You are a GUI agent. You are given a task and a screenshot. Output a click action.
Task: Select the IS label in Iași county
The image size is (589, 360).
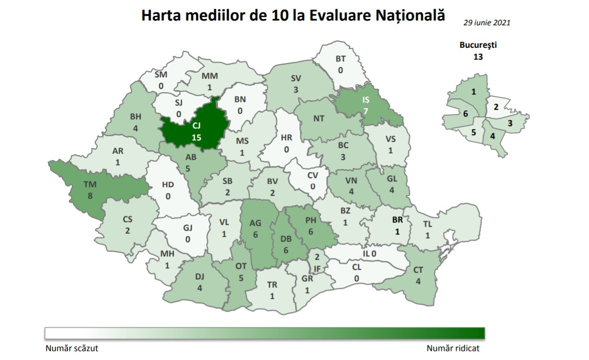coord(366,100)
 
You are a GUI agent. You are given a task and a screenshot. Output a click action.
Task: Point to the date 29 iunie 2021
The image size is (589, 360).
coord(486,22)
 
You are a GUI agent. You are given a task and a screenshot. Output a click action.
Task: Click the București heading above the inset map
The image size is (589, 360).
coord(478,46)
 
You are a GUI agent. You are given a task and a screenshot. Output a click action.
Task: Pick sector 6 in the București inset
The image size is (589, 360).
coord(465,114)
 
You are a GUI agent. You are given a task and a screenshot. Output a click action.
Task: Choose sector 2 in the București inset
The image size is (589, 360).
coord(496,107)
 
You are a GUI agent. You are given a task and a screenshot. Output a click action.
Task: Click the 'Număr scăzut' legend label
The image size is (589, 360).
coord(72,349)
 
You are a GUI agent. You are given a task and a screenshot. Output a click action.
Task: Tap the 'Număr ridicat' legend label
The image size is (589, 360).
coord(453,349)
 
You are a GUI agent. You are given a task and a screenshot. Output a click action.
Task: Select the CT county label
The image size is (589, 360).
coord(418,271)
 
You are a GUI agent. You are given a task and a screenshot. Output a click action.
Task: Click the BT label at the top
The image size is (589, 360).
coord(340,59)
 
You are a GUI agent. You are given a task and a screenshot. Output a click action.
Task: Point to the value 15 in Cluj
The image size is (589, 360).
coord(196,138)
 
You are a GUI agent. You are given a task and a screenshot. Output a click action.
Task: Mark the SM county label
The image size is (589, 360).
coord(161,75)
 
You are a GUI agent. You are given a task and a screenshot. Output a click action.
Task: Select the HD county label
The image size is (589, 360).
coord(168,185)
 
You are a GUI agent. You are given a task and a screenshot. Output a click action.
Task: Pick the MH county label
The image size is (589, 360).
coord(167,254)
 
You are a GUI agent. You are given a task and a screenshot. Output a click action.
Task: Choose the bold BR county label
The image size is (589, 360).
coord(397,221)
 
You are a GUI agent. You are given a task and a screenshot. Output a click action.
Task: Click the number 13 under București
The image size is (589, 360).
coord(478,57)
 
